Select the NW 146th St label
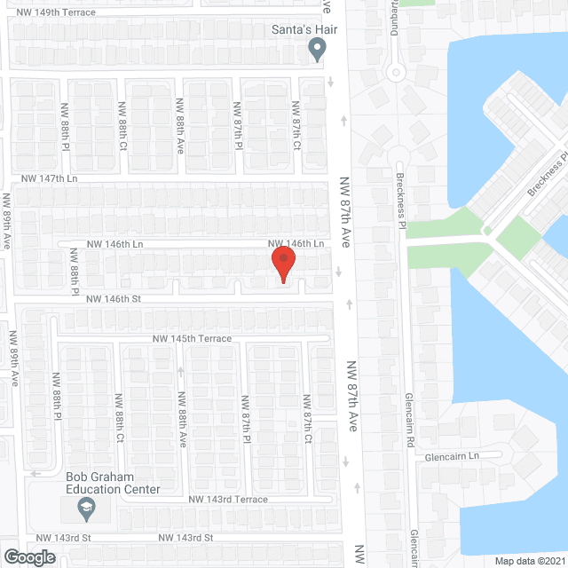tap(114, 300)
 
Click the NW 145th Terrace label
tap(191, 339)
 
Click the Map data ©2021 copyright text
tap(528, 561)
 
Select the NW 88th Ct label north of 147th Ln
tap(122, 125)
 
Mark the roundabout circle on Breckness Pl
tap(396, 73)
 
